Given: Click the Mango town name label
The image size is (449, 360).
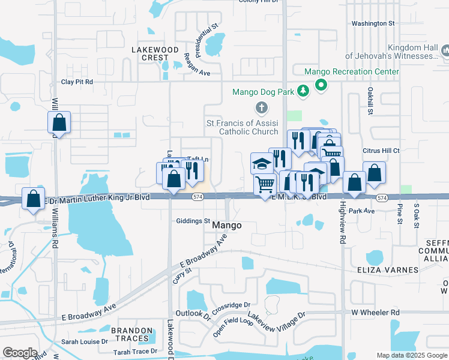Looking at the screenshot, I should pyautogui.click(x=227, y=226).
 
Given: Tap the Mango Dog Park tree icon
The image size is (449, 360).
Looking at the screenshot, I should pyautogui.click(x=304, y=91).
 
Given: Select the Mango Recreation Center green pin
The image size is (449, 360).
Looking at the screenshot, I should pyautogui.click(x=321, y=85).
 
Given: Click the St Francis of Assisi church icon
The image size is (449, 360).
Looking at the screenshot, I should pyautogui.click(x=261, y=109).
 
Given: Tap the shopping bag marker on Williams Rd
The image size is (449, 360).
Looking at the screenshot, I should pyautogui.click(x=59, y=123).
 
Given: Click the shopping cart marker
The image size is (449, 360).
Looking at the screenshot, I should pyautogui.click(x=265, y=184).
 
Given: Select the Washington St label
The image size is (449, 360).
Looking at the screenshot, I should pyautogui.click(x=372, y=23).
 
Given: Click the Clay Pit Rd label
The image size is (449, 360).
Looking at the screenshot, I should pyautogui.click(x=77, y=82).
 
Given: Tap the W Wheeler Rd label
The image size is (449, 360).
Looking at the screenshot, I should pyautogui.click(x=375, y=313).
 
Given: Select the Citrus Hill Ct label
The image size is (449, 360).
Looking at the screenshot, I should pyautogui.click(x=381, y=151).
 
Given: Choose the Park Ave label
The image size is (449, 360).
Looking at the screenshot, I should pyautogui.click(x=361, y=211).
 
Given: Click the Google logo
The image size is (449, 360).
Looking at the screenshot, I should pyautogui.click(x=20, y=353).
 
